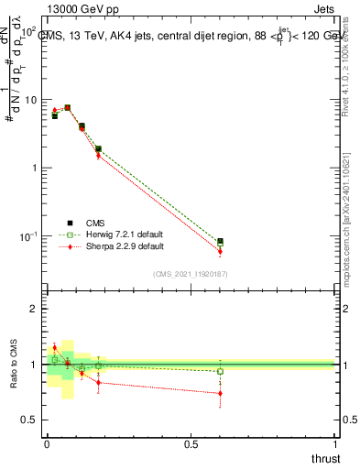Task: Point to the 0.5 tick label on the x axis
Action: pos(190,444)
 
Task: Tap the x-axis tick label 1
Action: pos(334,444)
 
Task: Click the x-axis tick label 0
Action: pos(46,444)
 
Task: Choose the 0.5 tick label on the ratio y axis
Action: pos(29,420)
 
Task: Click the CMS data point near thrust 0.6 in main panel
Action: pos(220,241)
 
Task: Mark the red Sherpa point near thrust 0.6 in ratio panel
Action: pos(220,393)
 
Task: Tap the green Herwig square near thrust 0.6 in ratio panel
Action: pos(220,371)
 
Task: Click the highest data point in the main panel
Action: pos(68,107)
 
